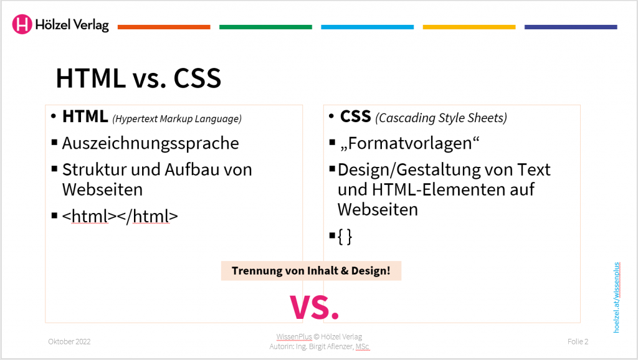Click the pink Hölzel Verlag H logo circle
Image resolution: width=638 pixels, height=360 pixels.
[22, 24]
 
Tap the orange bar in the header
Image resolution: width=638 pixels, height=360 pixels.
[164, 27]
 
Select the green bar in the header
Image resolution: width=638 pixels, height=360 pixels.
[265, 27]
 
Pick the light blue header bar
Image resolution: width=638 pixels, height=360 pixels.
[367, 27]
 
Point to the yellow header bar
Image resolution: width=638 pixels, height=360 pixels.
[469, 27]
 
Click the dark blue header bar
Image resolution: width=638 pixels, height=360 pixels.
[571, 27]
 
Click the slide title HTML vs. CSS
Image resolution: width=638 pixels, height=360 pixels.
[138, 79]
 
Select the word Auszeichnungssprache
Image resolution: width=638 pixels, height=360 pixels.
[150, 143]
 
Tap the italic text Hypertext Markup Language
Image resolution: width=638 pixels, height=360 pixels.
[177, 118]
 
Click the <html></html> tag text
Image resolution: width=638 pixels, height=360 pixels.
[120, 216]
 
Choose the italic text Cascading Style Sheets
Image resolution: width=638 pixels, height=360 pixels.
[442, 118]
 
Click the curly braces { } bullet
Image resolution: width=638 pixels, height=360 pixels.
[345, 237]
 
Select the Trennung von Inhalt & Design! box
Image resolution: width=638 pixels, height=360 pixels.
[311, 271]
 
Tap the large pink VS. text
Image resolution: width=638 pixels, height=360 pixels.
[315, 306]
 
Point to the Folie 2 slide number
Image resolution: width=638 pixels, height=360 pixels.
[578, 341]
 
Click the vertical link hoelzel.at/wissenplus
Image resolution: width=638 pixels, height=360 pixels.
[617, 297]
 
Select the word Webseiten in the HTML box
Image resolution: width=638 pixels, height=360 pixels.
[102, 189]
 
